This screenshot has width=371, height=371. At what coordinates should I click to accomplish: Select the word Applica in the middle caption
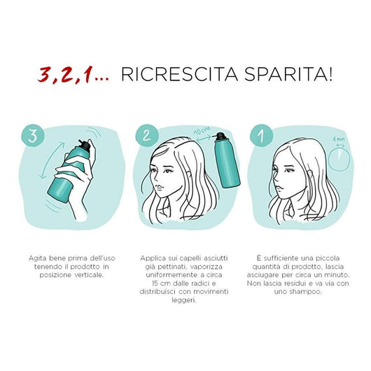point(152,259)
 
